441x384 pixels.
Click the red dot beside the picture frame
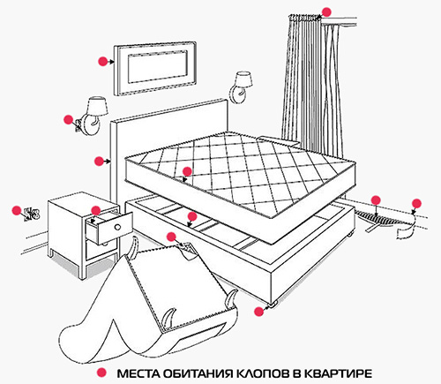pos(102,61)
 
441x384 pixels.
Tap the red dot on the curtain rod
pos(326,12)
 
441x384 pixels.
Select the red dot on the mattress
pos(187,171)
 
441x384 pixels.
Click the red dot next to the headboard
pos(99,161)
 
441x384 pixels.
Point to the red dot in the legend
pos(102,372)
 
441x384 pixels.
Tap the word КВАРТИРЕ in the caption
pos(338,373)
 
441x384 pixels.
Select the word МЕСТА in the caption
pos(138,373)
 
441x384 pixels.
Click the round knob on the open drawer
pos(117,227)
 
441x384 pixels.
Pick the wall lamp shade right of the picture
pos(243,79)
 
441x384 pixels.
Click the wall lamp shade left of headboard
pos(98,105)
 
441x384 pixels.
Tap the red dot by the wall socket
pos(17,210)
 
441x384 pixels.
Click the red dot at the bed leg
pos(258,312)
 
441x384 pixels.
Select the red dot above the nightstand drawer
pos(96,210)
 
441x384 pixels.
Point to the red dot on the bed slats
pos(192,216)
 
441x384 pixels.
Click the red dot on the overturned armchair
pos(171,237)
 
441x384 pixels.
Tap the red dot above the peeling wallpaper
pos(416,203)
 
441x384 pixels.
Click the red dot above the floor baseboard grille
pos(376,200)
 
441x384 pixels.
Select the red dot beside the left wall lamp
pos(69,119)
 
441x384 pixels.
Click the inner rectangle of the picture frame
pos(158,67)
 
